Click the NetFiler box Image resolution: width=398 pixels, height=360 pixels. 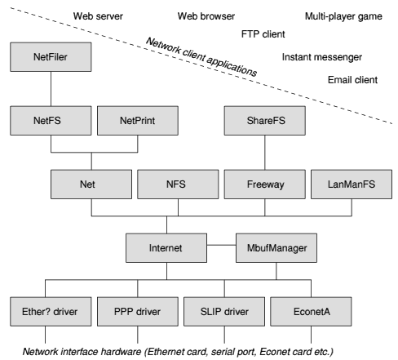pos(51,57)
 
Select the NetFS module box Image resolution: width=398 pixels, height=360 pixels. pos(51,121)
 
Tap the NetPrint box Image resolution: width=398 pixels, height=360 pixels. pos(138,121)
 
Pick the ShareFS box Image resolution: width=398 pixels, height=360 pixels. pos(264,121)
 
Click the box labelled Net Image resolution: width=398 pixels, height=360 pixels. pos(91,184)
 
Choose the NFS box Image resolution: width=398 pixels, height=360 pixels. pos(178,184)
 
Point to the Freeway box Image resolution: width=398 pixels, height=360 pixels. pos(264,184)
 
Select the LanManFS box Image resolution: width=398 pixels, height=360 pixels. pos(352,184)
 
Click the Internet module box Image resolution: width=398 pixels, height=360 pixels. pos(166,248)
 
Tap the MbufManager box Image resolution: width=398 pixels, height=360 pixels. pos(276,248)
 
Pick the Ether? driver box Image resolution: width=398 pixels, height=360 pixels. pos(51,312)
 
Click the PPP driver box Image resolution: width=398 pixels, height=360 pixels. pos(138,312)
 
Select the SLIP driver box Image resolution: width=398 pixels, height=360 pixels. pos(224,312)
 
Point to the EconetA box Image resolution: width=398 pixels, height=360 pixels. pos(311,312)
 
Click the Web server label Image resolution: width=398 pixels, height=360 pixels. pos(98,16)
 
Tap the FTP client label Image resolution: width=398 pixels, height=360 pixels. pos(263,34)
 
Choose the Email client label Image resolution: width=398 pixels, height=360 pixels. pos(352,80)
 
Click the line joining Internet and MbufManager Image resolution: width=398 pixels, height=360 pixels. pos(221,245)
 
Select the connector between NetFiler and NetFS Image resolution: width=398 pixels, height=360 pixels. pos(51,89)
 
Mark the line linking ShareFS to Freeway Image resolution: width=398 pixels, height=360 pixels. pos(265,153)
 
